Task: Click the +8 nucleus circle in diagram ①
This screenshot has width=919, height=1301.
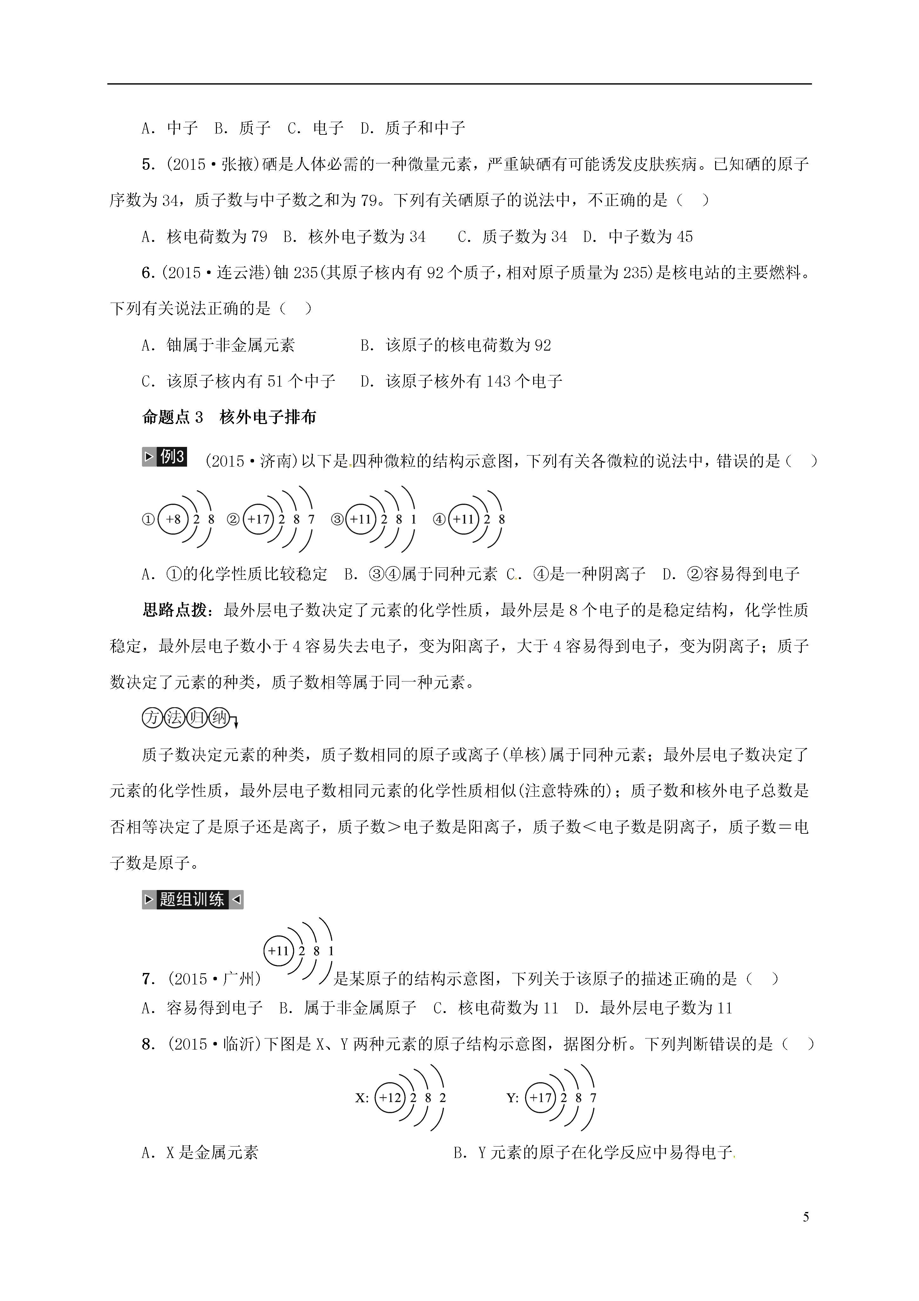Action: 173,519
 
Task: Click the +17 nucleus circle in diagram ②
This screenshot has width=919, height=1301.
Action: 258,519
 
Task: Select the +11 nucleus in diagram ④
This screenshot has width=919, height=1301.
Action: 463,519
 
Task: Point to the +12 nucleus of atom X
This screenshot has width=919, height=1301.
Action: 390,1098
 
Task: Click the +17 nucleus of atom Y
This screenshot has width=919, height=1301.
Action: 541,1098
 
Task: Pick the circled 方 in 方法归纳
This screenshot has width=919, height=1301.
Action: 152,718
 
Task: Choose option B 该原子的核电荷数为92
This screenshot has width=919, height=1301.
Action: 456,345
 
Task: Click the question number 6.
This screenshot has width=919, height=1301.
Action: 148,273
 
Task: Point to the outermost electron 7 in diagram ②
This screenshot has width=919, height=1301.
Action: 311,519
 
